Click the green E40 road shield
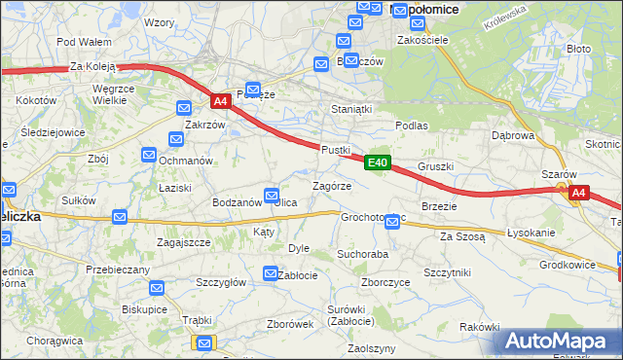pyautogui.click(x=380, y=163)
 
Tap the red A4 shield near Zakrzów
pyautogui.click(x=221, y=100)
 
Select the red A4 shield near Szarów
pyautogui.click(x=578, y=193)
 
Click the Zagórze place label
pyautogui.click(x=331, y=186)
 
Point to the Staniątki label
pyautogui.click(x=352, y=110)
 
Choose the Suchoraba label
pyautogui.click(x=363, y=253)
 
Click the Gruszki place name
pyautogui.click(x=436, y=166)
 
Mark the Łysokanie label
pyautogui.click(x=531, y=234)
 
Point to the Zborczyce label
pyautogui.click(x=385, y=282)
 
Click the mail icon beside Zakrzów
pyautogui.click(x=183, y=109)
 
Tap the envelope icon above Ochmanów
pyautogui.click(x=149, y=154)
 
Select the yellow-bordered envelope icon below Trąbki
pyautogui.click(x=204, y=342)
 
